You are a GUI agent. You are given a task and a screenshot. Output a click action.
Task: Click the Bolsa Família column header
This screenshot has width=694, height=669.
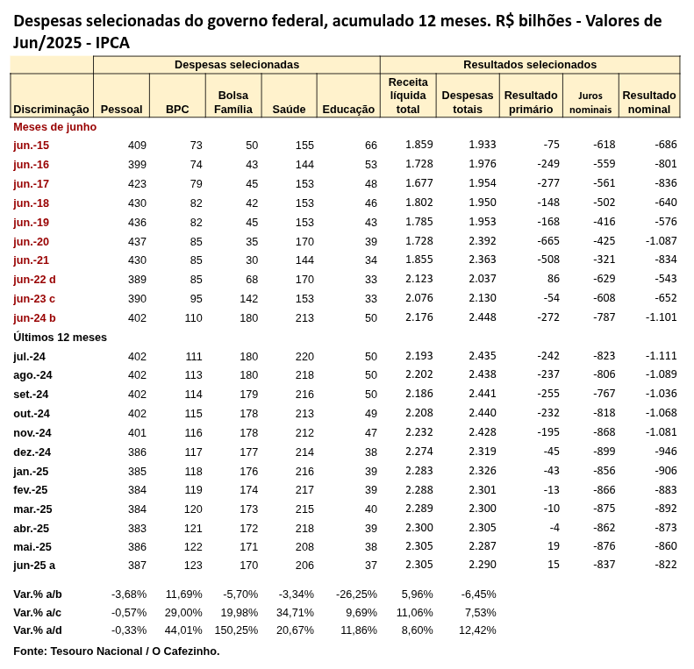(x=233, y=102)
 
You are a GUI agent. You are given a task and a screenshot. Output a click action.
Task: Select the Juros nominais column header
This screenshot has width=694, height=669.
(x=590, y=103)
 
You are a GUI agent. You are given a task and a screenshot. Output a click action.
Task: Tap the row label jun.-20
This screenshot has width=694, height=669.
(x=32, y=241)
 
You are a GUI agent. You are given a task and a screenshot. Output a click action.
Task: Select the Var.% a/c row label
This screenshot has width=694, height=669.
(x=38, y=612)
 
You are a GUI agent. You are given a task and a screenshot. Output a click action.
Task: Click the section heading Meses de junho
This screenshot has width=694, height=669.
(x=54, y=126)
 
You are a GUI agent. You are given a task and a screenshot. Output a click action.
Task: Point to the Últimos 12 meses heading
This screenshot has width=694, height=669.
(x=60, y=337)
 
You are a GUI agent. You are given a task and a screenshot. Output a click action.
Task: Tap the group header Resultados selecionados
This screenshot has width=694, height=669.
(x=530, y=64)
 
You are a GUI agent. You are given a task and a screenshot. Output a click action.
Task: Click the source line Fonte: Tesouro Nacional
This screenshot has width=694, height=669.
(x=116, y=651)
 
